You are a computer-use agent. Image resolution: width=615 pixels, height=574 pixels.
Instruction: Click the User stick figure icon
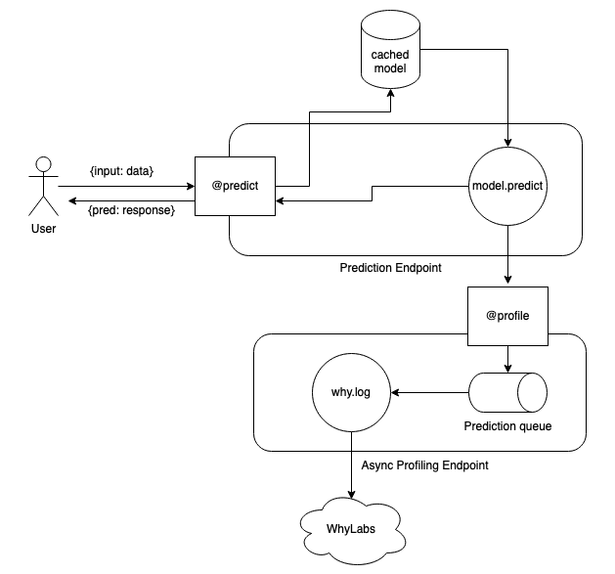coord(42,186)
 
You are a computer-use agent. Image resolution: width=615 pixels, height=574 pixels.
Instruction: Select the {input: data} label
coord(121,171)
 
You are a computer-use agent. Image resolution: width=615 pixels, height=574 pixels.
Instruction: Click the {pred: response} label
coord(131,209)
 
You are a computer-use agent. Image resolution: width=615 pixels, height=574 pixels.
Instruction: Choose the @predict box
coord(235,185)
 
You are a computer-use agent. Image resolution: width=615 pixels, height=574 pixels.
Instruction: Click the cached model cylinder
coord(390,54)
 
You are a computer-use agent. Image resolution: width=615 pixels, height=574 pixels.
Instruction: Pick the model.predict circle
coord(506,185)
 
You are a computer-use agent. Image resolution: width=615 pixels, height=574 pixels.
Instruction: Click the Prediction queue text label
coord(507,426)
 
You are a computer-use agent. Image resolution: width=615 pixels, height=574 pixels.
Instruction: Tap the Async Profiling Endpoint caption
coord(424,465)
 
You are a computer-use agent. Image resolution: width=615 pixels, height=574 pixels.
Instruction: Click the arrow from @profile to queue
coord(506,362)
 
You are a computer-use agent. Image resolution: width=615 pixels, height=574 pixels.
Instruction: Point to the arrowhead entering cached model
coord(390,95)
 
